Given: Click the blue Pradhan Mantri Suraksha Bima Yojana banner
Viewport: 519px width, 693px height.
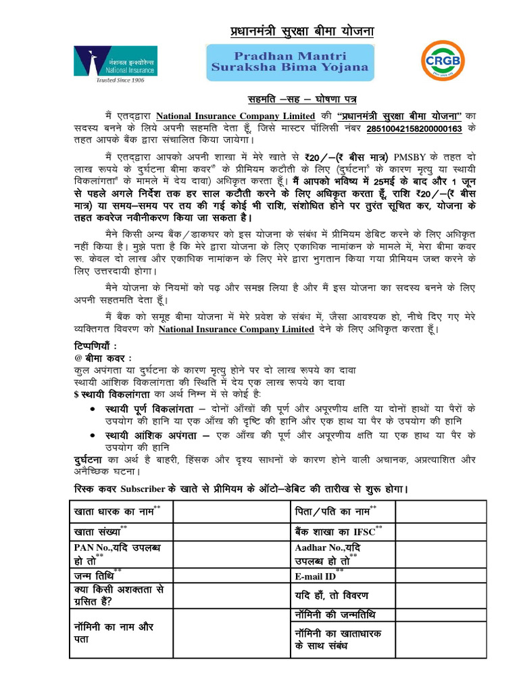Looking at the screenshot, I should (290, 60).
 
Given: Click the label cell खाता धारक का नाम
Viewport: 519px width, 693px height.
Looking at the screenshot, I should (120, 512).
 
